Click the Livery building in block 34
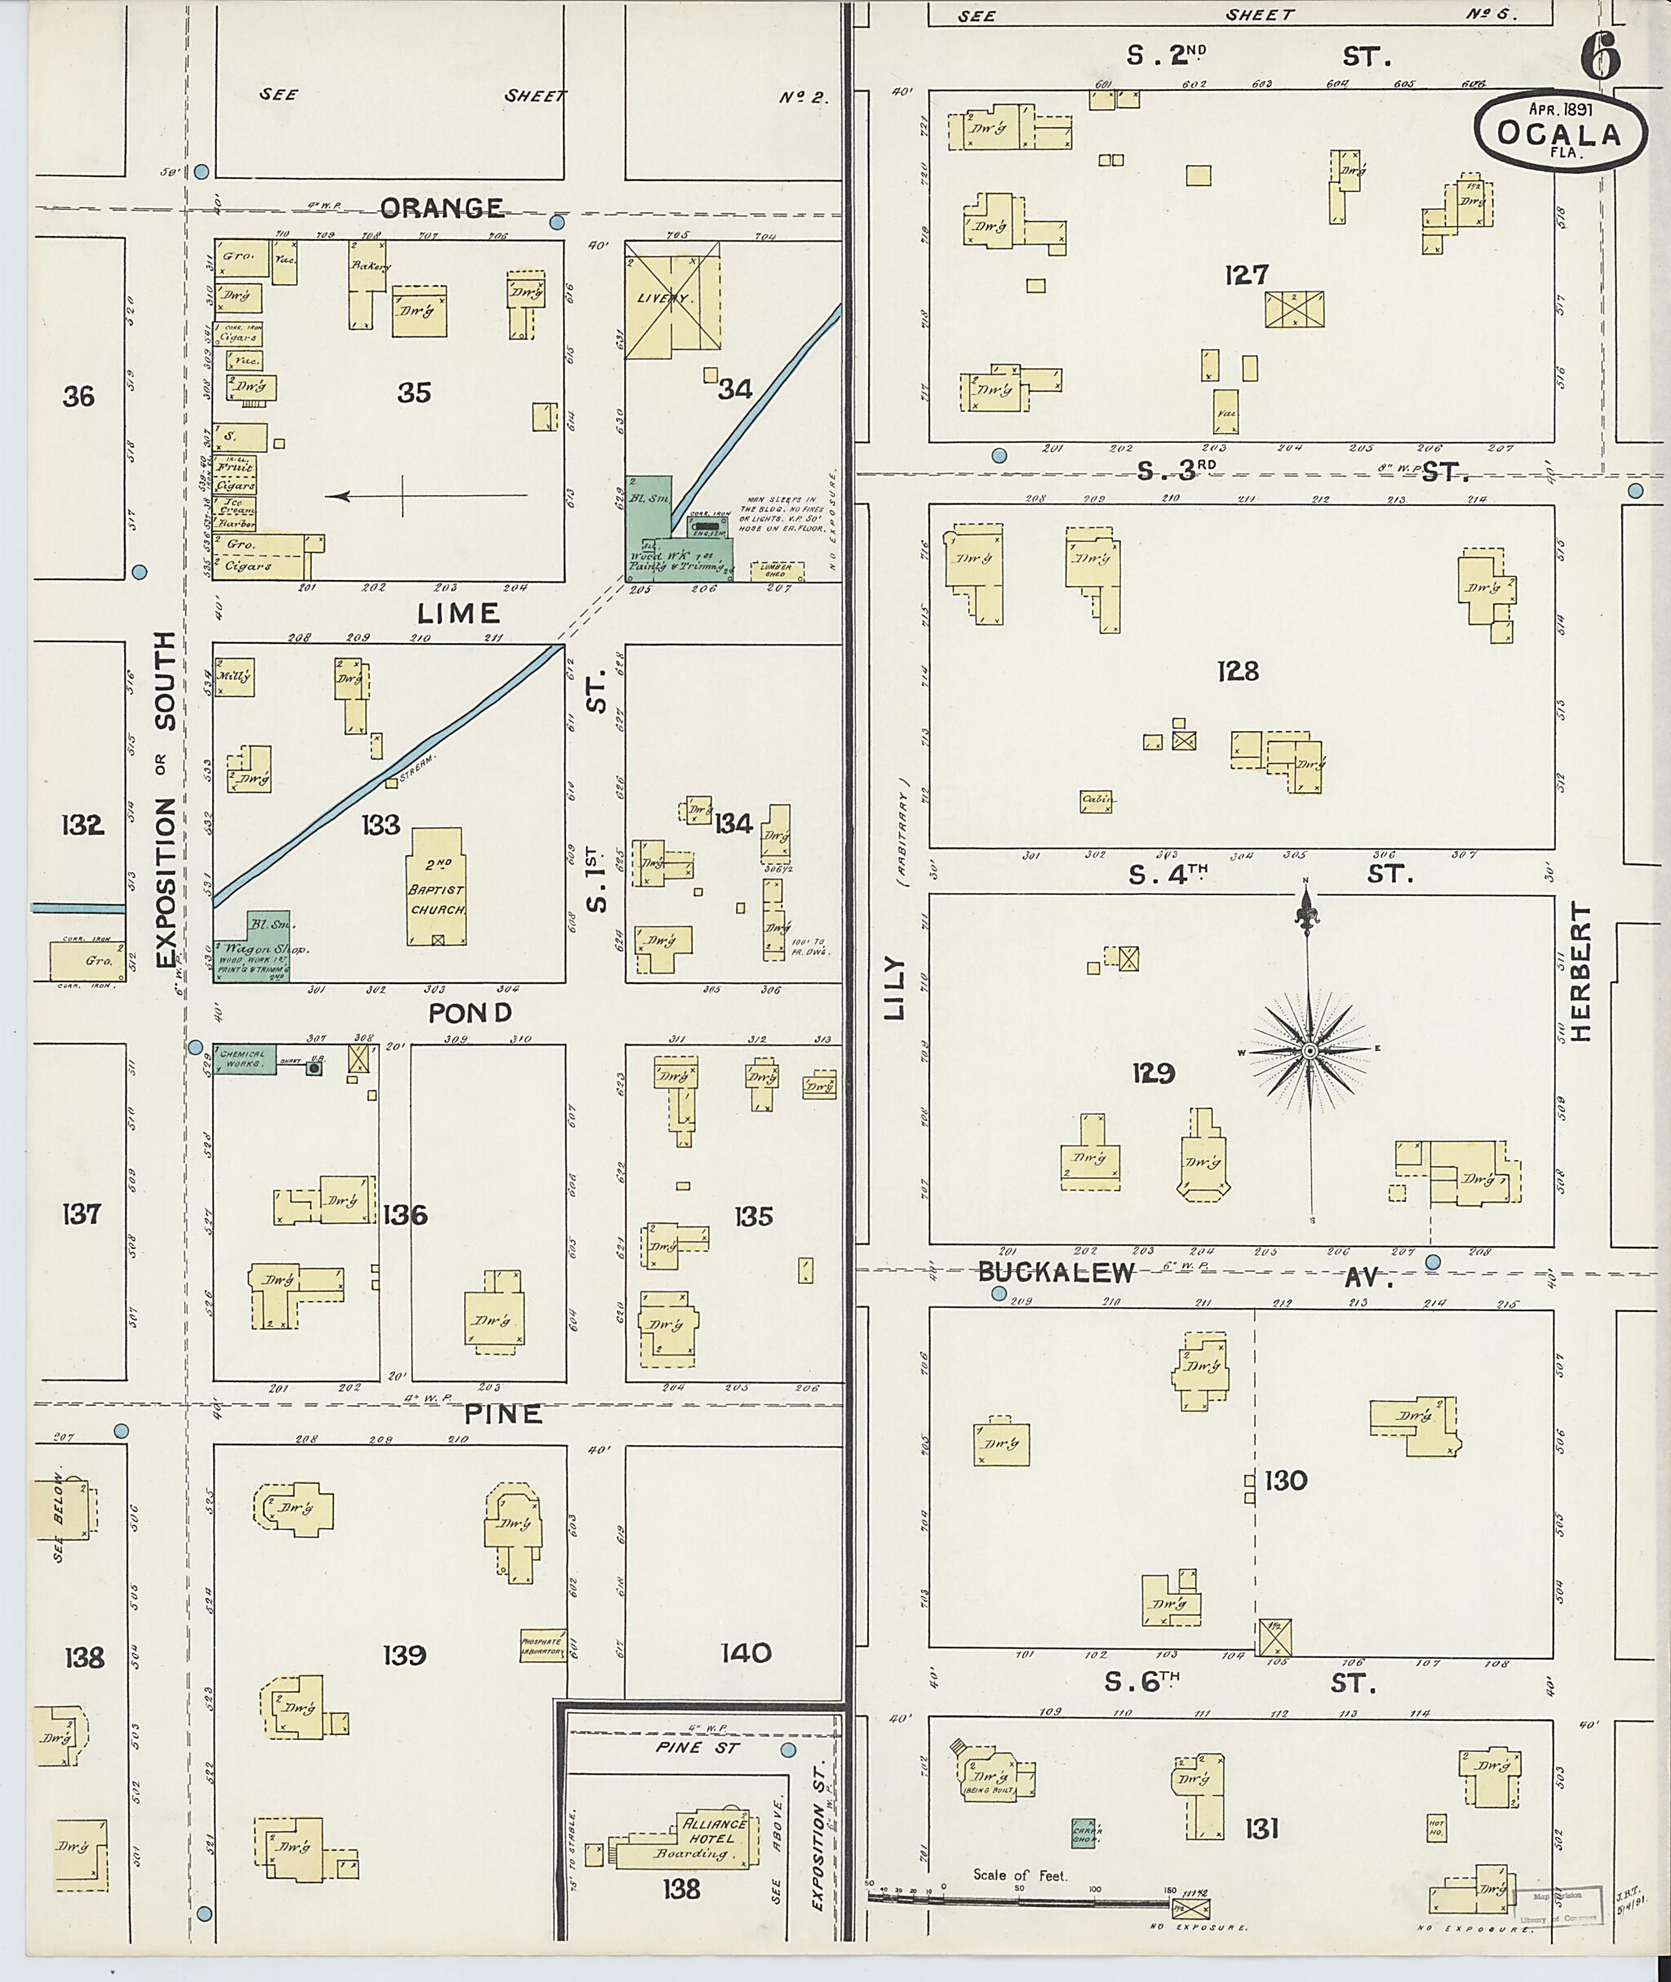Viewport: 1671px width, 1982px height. click(x=671, y=301)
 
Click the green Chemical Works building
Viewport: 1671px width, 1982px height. click(x=245, y=1059)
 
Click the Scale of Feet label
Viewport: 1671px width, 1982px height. click(x=1019, y=1875)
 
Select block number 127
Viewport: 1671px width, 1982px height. click(x=1246, y=276)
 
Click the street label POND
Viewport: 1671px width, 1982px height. click(x=470, y=1013)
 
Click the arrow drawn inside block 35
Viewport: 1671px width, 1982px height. click(x=426, y=494)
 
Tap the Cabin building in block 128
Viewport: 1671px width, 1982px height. click(x=1095, y=801)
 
